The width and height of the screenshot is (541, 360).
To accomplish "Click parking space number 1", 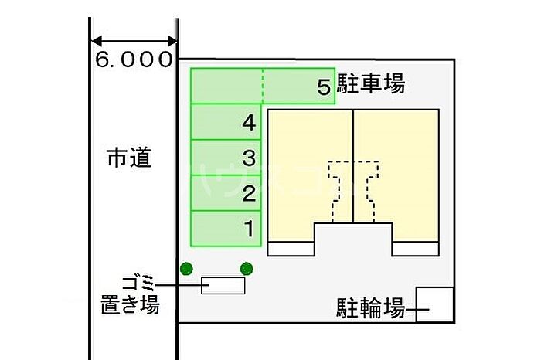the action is (x=227, y=229).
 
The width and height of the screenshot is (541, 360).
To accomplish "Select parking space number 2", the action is (x=227, y=193).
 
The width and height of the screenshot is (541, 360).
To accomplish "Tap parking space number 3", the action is (x=227, y=158).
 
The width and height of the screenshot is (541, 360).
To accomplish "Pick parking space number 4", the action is (x=227, y=122).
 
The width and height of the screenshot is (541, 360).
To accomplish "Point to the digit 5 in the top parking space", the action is (x=324, y=87).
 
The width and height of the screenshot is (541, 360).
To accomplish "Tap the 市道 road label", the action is (x=128, y=159).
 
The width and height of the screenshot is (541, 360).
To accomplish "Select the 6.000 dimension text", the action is (x=134, y=60).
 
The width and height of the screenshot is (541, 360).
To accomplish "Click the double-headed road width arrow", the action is (x=134, y=41).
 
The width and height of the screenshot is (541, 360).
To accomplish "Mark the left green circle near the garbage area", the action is (x=185, y=269).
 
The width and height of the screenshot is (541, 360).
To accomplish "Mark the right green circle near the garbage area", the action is (x=247, y=269).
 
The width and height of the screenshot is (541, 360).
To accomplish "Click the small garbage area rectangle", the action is (x=223, y=285).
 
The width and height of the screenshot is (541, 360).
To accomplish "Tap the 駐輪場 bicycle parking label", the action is (x=370, y=310).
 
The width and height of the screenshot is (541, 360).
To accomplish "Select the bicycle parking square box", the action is (x=435, y=305).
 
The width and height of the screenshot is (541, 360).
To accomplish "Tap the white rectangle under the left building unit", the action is (x=291, y=249).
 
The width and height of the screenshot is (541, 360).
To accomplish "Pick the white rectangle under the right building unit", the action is (x=415, y=249).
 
